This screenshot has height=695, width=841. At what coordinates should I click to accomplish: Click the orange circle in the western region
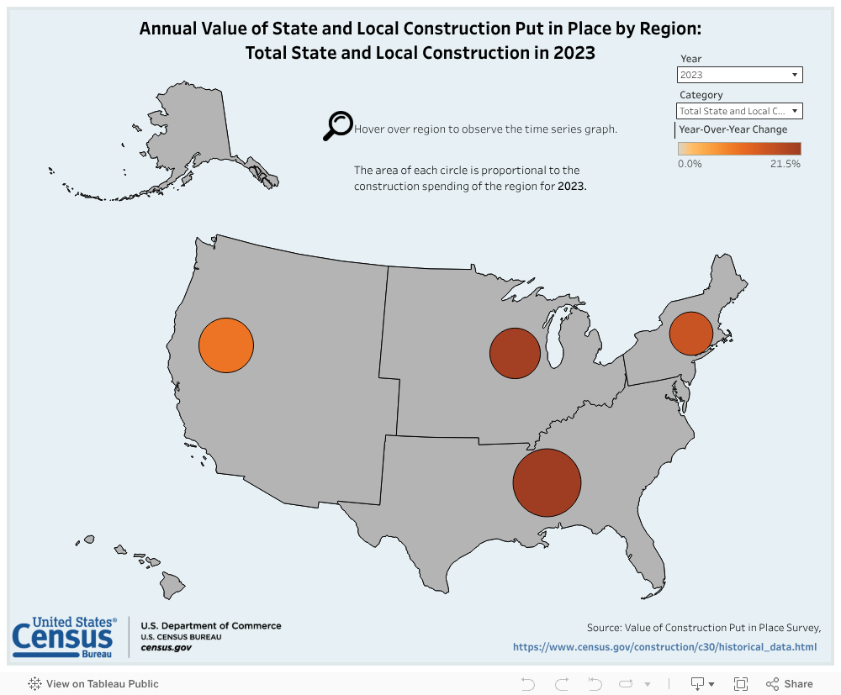coord(225,346)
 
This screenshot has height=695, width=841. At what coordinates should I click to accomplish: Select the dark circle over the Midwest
coord(515,353)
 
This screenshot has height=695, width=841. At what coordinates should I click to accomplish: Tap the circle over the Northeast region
coord(691,334)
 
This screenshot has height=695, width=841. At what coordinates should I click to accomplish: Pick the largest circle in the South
coord(547,482)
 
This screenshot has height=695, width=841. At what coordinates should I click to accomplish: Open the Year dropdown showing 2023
coord(740,75)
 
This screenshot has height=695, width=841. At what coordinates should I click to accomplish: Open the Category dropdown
coord(740,111)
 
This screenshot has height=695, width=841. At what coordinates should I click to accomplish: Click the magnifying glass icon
coord(338,125)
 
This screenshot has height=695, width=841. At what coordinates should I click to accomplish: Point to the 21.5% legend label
coord(785,164)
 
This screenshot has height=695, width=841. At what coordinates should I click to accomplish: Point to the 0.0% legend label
coord(690,164)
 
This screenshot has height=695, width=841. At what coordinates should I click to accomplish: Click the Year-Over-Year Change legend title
coord(733,129)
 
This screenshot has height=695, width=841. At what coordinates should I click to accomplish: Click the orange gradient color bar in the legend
coord(739,149)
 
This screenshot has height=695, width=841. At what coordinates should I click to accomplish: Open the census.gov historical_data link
coord(664,647)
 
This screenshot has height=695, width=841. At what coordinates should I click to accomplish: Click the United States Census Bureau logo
coord(64,637)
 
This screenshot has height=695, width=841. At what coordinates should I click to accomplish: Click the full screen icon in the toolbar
coord(741,684)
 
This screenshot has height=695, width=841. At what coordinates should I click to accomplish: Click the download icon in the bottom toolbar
coord(698,684)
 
